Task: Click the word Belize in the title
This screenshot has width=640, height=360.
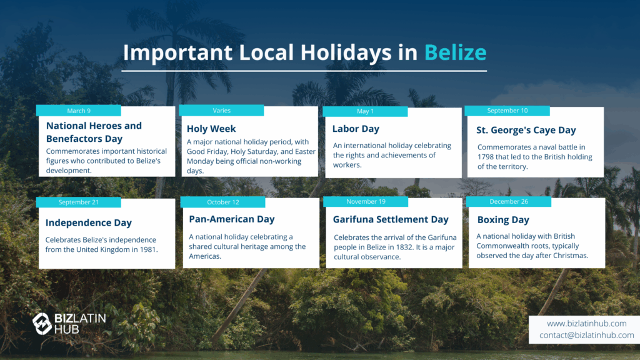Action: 455,52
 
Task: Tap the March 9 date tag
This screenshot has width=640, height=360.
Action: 78,111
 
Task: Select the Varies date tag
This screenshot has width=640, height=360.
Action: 221,110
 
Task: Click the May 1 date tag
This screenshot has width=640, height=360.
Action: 365,111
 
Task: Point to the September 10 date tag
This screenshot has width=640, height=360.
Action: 507,111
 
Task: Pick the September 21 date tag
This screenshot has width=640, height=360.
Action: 78,202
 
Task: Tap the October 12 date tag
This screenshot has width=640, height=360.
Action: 223,202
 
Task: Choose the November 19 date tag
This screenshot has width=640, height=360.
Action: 366,202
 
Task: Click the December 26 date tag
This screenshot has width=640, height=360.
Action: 509,202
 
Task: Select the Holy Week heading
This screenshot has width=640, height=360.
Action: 211,129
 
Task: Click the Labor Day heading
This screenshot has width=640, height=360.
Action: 356,129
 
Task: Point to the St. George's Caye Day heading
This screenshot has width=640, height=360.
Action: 526,130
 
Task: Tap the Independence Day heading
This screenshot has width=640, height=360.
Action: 89,222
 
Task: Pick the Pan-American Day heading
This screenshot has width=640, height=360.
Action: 231,219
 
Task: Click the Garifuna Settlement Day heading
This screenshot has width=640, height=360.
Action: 391,219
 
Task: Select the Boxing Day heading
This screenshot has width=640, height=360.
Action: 503,220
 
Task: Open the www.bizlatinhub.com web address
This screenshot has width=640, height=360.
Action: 586,323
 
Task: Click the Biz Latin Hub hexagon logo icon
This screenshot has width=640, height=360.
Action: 42,324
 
